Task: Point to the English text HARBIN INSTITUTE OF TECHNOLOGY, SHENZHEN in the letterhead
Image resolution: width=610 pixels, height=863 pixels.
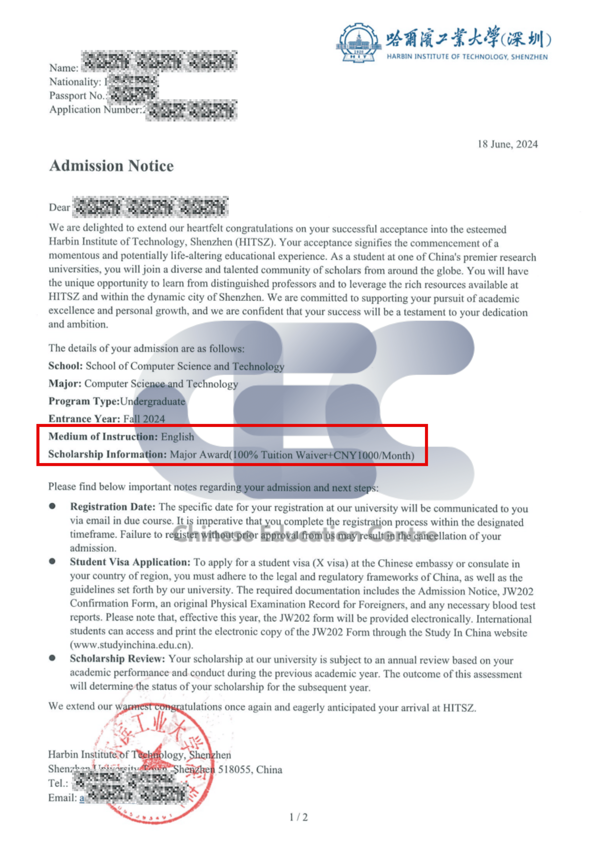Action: click(x=467, y=57)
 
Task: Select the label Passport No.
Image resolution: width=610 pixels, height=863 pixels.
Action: click(x=77, y=96)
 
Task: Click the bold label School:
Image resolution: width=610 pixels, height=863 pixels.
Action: click(x=65, y=366)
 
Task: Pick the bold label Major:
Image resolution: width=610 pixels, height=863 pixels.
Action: click(x=65, y=383)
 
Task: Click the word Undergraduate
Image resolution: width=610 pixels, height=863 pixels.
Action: click(x=152, y=402)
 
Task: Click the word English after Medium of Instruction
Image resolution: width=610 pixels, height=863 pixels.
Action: click(x=177, y=437)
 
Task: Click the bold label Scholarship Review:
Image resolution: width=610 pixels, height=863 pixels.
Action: click(x=117, y=658)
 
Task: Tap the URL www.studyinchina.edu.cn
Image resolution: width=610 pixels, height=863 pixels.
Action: click(x=131, y=645)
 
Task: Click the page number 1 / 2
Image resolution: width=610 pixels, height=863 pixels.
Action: click(x=299, y=817)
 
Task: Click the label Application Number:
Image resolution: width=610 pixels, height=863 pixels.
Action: click(x=96, y=109)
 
